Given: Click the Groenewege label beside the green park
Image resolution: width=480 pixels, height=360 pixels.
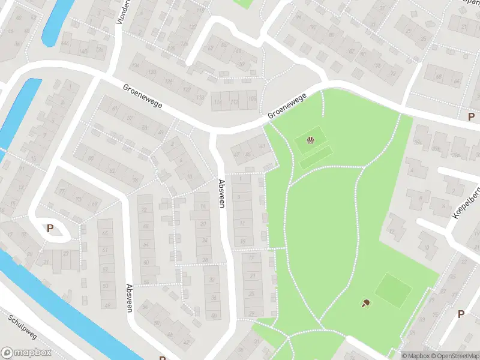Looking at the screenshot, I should click(287, 105).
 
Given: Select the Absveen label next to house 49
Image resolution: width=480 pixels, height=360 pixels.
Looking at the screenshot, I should click(129, 298).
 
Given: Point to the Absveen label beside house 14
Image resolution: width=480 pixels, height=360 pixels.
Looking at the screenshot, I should click(222, 194).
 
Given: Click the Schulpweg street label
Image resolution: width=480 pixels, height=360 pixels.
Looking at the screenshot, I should click(24, 327).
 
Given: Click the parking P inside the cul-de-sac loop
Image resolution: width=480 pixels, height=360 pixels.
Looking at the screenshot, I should click(50, 228).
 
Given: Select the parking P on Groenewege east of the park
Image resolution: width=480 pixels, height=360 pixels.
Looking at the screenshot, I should click(472, 117).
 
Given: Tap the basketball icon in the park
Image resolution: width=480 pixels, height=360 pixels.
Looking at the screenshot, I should click(310, 141).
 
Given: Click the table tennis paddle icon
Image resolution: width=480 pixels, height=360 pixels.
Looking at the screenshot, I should click(365, 303).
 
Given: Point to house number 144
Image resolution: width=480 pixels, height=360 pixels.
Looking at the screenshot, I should click(65, 44).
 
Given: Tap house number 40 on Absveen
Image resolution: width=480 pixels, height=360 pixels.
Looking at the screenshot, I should click(214, 316).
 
